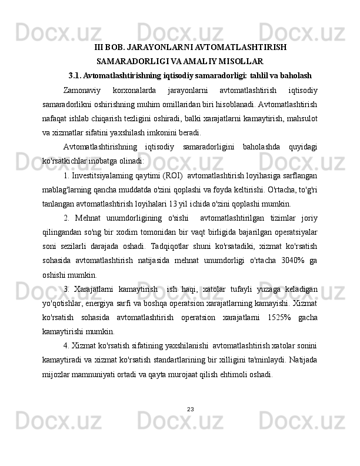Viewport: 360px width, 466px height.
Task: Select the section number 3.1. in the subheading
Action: (75, 75)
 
